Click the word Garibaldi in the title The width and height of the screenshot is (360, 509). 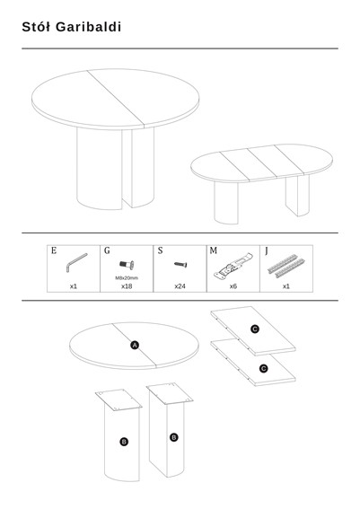[x=88, y=27]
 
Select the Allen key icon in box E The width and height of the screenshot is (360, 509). [x=76, y=262]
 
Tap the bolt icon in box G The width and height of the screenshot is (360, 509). [x=127, y=265]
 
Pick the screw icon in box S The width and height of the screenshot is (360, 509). [x=180, y=265]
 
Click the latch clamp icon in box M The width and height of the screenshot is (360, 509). [x=233, y=266]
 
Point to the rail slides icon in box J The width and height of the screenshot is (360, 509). [x=286, y=266]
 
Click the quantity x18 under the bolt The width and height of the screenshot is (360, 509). [x=127, y=286]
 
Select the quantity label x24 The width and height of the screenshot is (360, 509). [x=180, y=286]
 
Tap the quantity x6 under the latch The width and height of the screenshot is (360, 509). [x=233, y=286]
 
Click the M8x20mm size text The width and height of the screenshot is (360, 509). [x=127, y=278]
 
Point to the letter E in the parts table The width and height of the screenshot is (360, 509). [x=54, y=250]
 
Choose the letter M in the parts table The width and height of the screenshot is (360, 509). [x=214, y=250]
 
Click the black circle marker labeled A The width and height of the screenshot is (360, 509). [x=135, y=345]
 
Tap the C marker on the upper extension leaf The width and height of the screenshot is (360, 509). [x=255, y=329]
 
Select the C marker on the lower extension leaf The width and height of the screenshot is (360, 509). [x=264, y=368]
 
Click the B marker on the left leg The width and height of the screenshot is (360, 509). [x=124, y=442]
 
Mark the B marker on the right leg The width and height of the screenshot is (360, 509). [x=174, y=437]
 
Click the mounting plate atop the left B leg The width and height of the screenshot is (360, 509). [x=119, y=399]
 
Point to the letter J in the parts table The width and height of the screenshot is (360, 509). [x=267, y=251]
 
